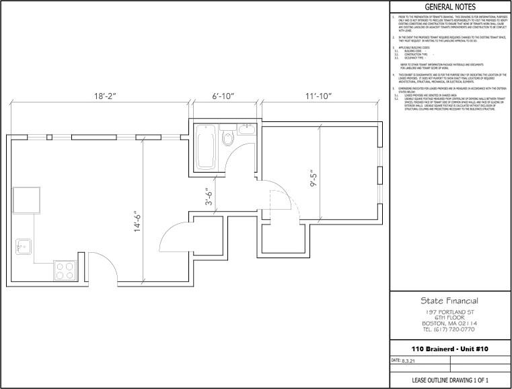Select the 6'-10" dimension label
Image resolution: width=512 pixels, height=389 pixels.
click(x=223, y=96)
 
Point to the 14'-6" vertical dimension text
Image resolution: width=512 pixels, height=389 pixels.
click(x=138, y=220)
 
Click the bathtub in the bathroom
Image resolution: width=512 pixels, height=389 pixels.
click(x=205, y=147)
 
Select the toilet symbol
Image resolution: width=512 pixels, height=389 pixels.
click(x=228, y=140)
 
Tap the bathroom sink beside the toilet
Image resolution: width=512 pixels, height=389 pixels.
click(x=244, y=129)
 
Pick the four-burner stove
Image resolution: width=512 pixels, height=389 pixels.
click(x=65, y=271)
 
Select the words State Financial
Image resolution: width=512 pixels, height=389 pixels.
click(x=449, y=301)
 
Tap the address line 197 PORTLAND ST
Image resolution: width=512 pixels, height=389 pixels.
click(x=449, y=312)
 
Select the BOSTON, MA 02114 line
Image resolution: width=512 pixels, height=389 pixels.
click(x=449, y=324)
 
